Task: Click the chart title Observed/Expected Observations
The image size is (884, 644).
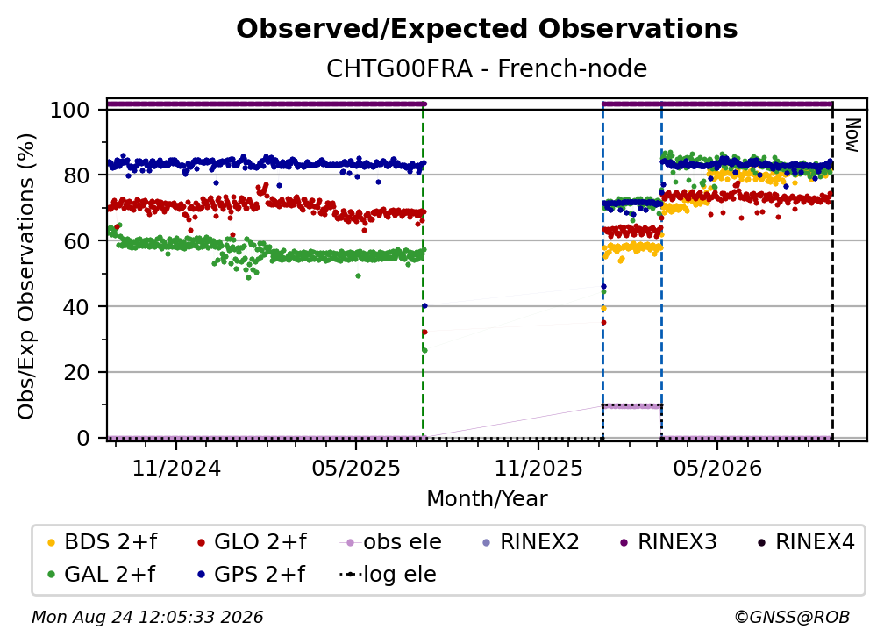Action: pos(487,29)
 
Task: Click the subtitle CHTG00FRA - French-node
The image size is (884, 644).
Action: pos(487,68)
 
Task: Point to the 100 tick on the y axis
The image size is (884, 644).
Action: pos(69,110)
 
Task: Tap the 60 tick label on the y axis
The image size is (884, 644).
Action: pos(76,240)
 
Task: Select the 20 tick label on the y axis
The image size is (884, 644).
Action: pos(76,372)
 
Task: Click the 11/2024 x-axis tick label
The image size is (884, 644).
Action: pos(176,468)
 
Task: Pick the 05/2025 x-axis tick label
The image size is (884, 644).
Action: pos(356,468)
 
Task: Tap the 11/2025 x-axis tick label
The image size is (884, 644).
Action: pos(538,468)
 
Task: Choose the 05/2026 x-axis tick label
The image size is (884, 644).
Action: pos(717,468)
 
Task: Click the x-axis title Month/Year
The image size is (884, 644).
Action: pos(487,499)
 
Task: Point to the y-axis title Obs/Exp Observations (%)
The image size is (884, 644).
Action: pos(26,275)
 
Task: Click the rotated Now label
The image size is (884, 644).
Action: pos(852,135)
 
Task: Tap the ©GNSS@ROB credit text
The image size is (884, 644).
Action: pos(792,618)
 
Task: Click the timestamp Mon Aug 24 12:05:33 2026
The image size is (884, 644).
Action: pos(147,618)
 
